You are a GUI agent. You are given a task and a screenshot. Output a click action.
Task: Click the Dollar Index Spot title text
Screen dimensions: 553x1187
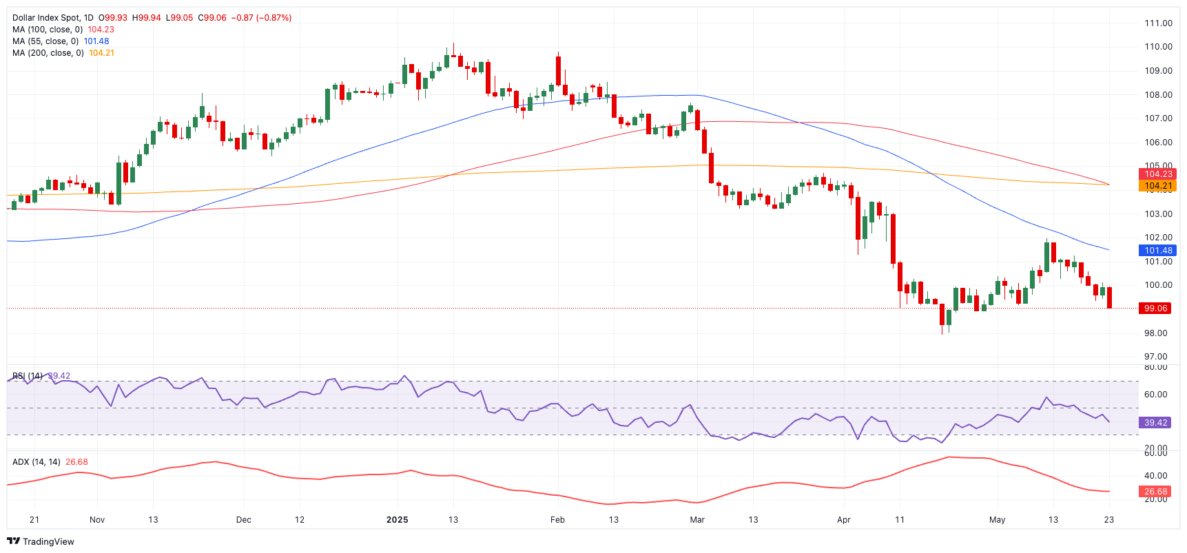click(52, 18)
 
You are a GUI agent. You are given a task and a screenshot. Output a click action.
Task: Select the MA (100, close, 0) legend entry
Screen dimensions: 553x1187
click(48, 30)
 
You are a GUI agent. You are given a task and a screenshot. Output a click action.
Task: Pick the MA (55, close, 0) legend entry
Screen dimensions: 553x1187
click(45, 41)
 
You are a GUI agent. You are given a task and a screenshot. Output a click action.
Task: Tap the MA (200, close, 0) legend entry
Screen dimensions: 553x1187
click(48, 53)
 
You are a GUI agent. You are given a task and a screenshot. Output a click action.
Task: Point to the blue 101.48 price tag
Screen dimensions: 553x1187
click(1157, 251)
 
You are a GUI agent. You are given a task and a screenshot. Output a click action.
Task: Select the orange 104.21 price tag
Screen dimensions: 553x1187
click(1157, 186)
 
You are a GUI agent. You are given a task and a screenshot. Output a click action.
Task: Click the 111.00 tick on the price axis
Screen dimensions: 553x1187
click(1158, 23)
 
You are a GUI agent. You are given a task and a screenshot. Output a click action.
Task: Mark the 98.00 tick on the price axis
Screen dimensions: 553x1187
click(1156, 333)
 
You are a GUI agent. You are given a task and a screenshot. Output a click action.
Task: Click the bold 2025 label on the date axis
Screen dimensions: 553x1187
click(398, 520)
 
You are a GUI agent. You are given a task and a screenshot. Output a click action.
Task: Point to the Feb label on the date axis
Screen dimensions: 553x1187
click(557, 520)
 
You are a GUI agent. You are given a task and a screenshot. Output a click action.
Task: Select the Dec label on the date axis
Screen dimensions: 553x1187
click(243, 520)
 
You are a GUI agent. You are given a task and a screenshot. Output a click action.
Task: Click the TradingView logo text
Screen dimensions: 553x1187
click(48, 542)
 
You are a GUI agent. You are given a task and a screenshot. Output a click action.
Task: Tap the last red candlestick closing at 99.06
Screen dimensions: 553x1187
click(1109, 298)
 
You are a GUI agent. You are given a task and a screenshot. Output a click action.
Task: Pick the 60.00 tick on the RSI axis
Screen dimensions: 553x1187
click(1156, 395)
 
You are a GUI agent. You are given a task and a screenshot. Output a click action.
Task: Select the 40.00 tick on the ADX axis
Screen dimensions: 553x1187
click(1156, 476)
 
